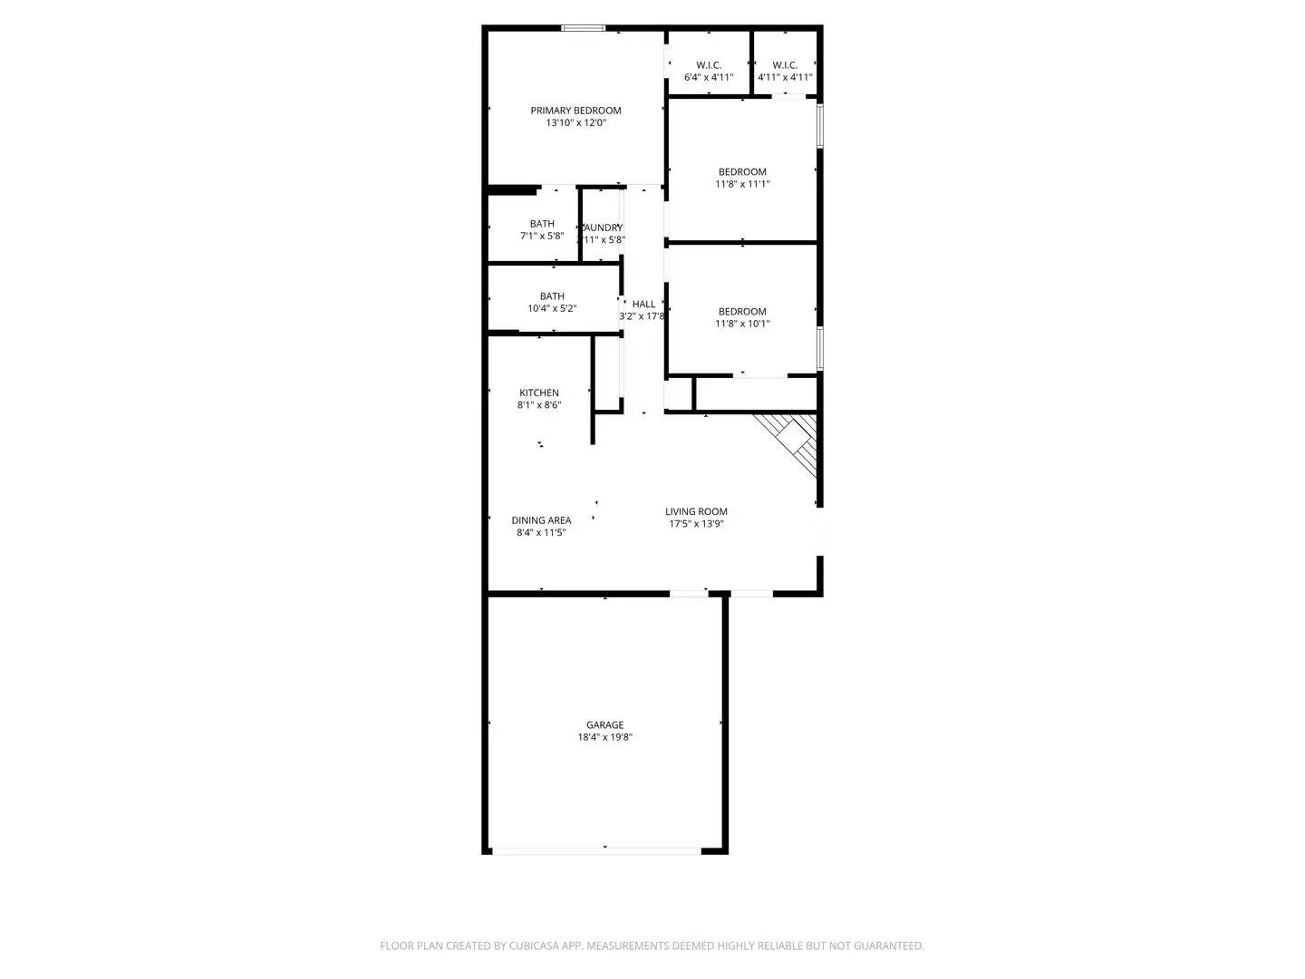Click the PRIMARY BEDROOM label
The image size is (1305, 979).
[575, 111]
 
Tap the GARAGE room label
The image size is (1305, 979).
[604, 725]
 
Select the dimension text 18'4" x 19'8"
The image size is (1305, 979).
[604, 738]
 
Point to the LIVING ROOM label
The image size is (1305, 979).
[696, 511]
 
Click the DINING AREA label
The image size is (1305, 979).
[541, 520]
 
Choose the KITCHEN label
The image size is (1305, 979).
[539, 393]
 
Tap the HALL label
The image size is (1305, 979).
[643, 304]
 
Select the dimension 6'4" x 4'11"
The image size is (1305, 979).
[709, 78]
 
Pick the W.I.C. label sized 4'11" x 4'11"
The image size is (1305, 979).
[785, 65]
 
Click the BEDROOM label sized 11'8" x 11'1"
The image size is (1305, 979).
[742, 171]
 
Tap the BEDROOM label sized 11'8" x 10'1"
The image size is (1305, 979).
[742, 311]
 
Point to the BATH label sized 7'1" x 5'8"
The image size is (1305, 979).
[542, 224]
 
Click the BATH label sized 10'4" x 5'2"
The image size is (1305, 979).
[552, 296]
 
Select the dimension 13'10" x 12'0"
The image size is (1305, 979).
[575, 123]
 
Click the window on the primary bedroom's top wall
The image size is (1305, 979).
[584, 28]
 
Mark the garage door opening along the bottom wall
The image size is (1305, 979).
[596, 850]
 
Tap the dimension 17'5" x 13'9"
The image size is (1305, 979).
[696, 524]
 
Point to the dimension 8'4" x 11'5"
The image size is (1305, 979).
[541, 533]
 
